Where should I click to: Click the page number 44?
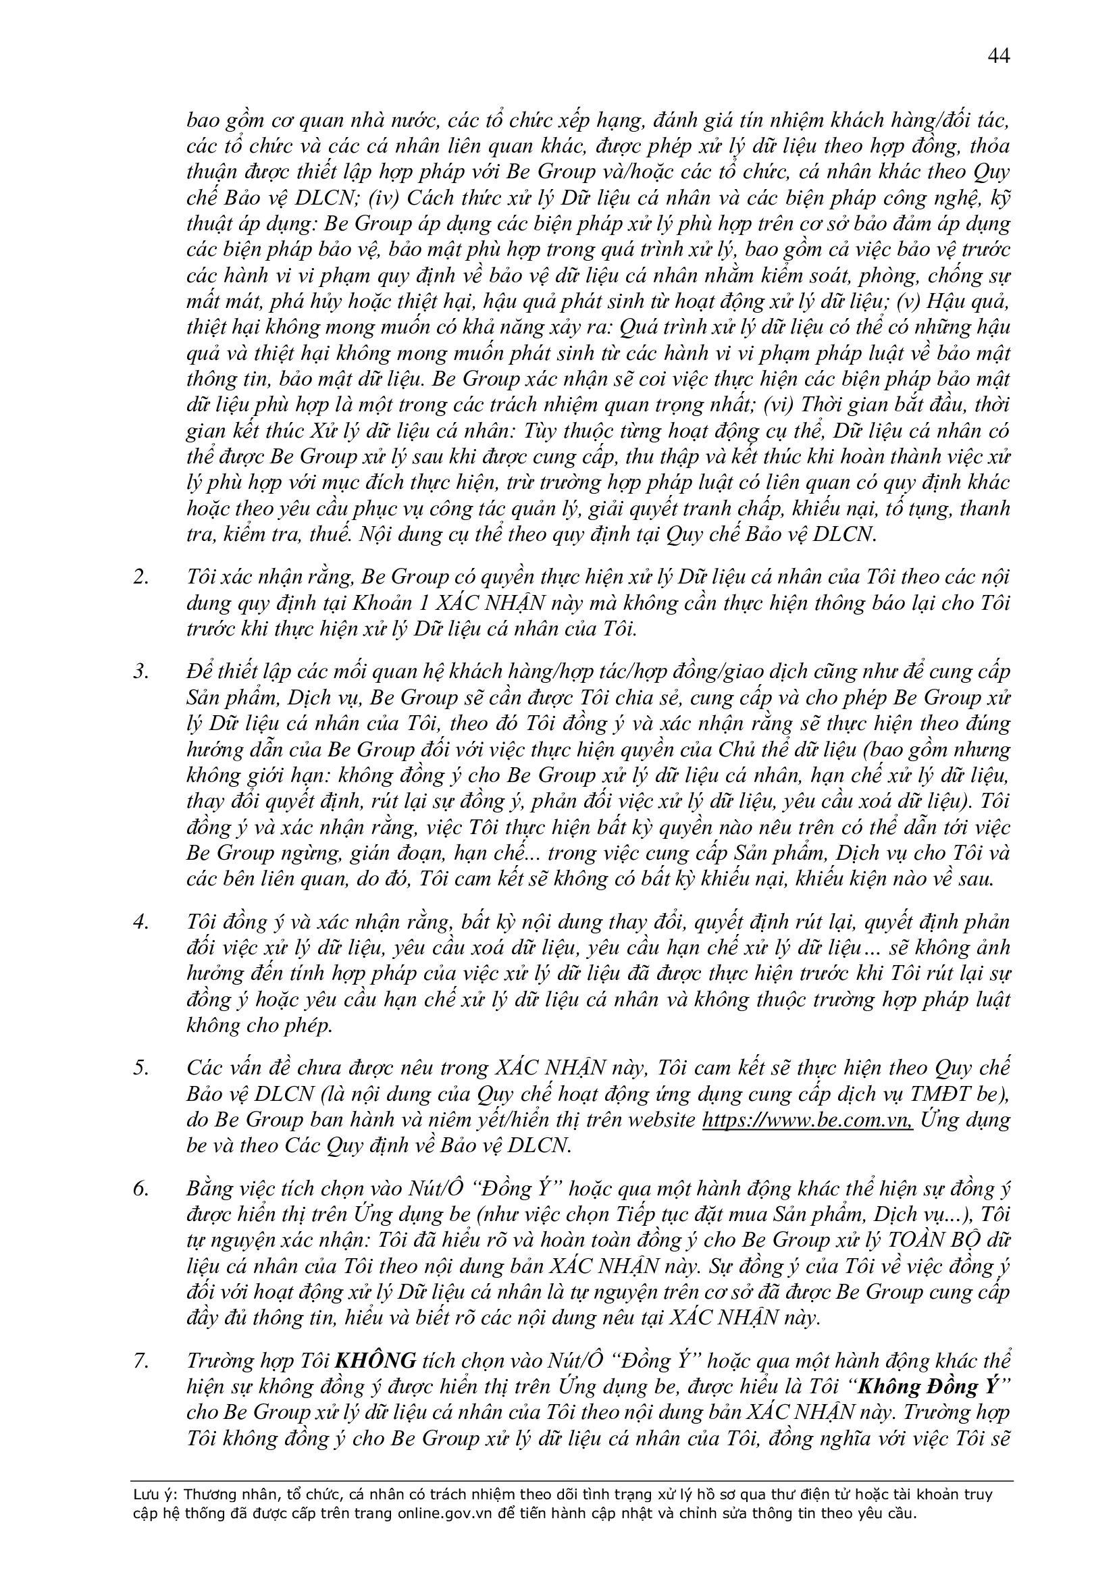998,57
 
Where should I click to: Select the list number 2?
141,577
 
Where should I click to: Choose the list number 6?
141,1189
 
